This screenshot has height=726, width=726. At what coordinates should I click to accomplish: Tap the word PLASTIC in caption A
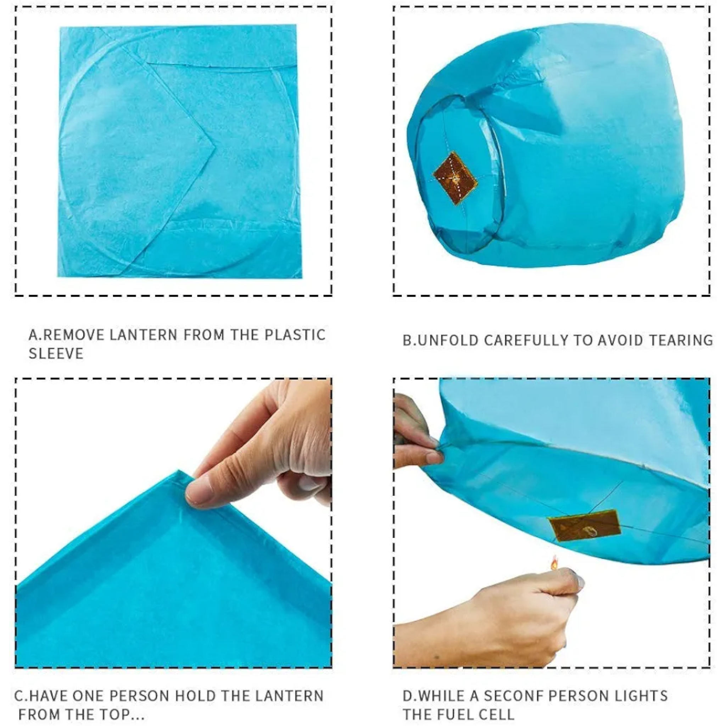click(295, 335)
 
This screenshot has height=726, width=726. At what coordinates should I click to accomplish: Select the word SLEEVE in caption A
click(56, 353)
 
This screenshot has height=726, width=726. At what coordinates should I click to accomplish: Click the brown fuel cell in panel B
click(455, 178)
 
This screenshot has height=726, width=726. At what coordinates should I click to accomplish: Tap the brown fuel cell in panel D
click(585, 525)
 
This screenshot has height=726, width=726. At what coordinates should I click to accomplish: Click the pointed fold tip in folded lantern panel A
click(214, 146)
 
